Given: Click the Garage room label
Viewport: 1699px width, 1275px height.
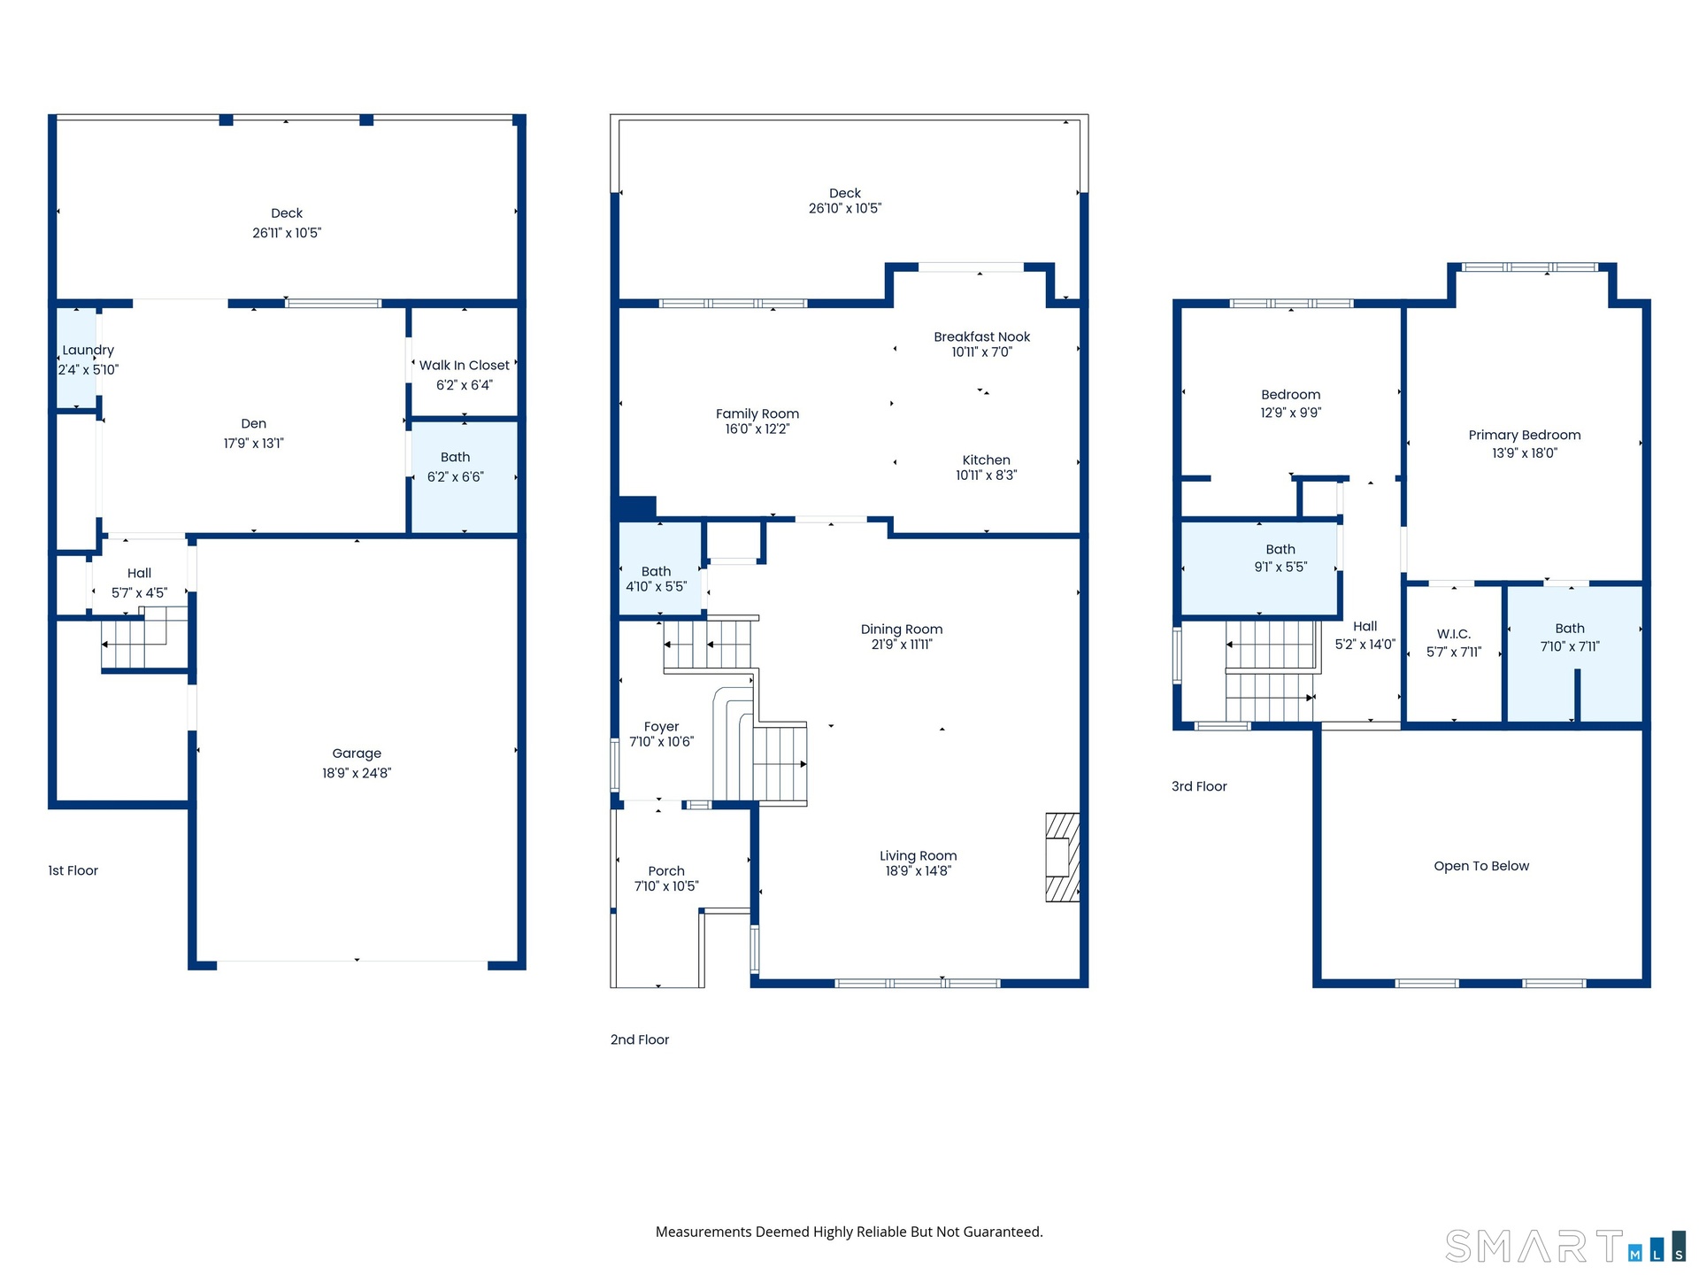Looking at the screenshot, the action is coord(357,753).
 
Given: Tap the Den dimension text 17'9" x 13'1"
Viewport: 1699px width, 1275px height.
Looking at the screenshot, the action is coord(254,444).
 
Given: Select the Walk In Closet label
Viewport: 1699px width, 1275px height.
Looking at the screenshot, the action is coord(465,366).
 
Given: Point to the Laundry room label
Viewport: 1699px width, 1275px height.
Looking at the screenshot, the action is coord(88,351).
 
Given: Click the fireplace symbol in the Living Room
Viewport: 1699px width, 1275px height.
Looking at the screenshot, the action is coord(1063,857).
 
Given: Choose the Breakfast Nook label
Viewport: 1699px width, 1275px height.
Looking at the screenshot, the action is coord(982,337).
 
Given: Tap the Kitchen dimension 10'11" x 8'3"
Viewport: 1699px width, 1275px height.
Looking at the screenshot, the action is coord(987,475).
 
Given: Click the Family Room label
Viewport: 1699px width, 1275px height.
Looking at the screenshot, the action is coord(757,414).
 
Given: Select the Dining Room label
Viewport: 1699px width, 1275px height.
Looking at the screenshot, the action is coord(902,630).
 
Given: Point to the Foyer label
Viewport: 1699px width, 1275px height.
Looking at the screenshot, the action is coord(662,727).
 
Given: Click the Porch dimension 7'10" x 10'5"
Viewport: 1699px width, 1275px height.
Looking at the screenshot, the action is coord(666,886).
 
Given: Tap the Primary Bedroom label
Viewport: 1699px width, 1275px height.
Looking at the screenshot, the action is coord(1525,435).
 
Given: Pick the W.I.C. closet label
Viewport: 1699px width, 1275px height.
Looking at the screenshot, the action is coord(1454,634).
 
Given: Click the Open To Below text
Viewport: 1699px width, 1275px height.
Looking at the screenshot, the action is coord(1481,866).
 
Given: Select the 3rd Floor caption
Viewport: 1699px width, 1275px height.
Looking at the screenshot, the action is coord(1199,786).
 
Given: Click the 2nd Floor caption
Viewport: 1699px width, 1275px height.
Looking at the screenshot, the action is coord(640,1039).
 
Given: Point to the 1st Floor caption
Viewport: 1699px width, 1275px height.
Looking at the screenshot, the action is coord(73,870).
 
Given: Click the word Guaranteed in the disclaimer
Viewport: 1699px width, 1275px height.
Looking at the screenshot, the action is coord(1004,1232).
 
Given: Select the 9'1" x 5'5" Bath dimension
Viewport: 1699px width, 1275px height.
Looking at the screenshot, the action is coord(1280,568).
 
